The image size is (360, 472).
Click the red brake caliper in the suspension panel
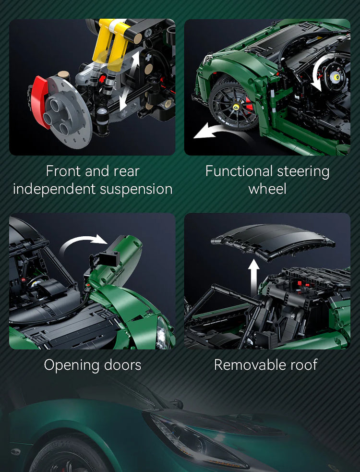tap(40, 101)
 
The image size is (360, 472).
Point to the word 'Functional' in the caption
tap(235, 171)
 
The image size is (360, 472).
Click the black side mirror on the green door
tap(106, 254)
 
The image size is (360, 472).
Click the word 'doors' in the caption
tap(123, 365)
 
